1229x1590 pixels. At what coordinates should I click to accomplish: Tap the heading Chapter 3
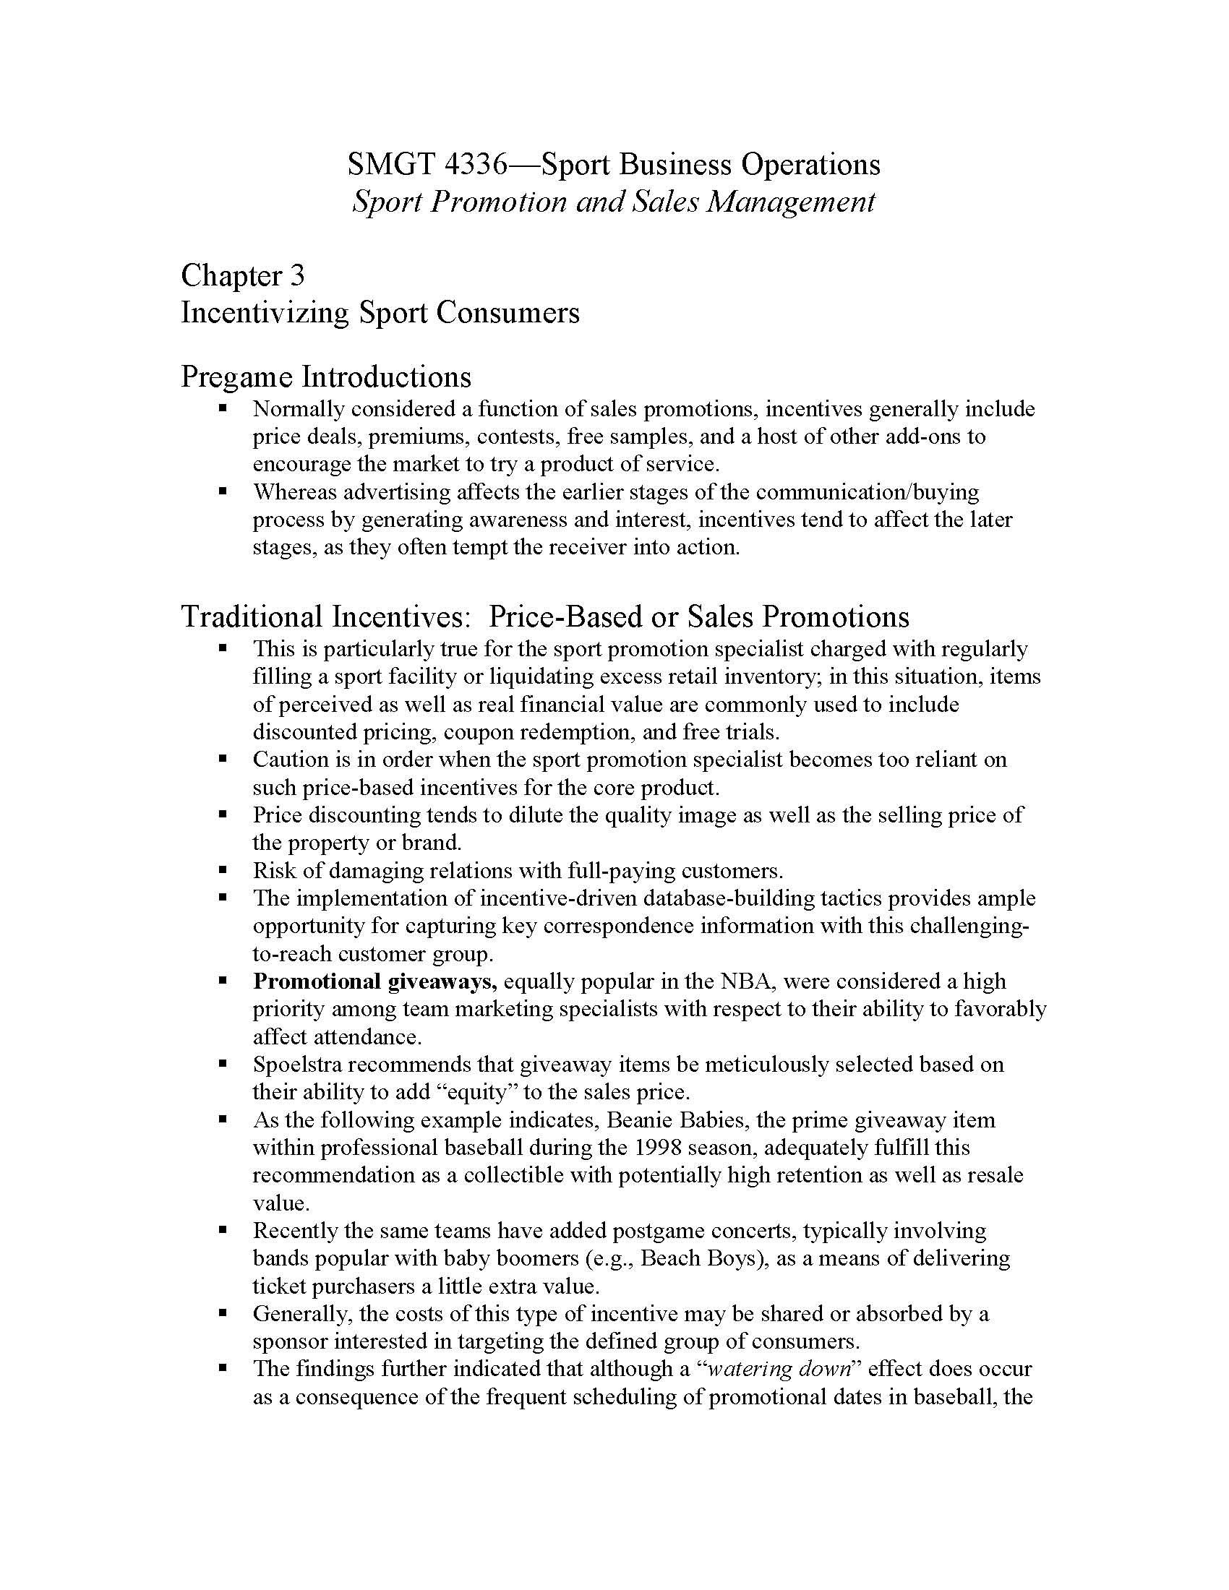tap(242, 276)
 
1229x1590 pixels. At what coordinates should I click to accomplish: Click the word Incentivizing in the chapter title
tap(265, 313)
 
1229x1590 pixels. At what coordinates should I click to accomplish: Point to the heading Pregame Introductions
tap(325, 377)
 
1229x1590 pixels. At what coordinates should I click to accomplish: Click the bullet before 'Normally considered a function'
tap(223, 408)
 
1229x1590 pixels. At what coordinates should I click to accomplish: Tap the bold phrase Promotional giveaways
tap(374, 981)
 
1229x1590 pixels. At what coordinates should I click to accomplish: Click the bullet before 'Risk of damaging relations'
tap(223, 870)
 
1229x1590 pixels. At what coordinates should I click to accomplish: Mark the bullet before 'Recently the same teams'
tap(223, 1231)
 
